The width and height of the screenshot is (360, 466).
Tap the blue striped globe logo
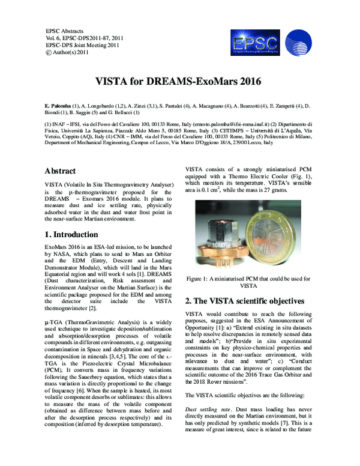(x=298, y=43)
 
